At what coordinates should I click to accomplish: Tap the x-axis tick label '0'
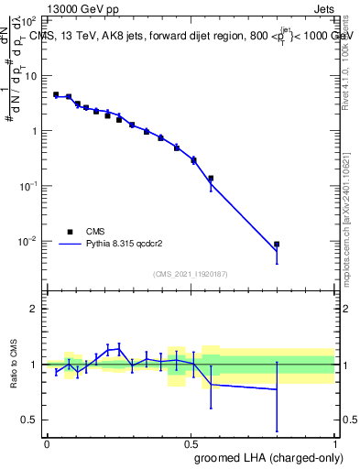[47, 443]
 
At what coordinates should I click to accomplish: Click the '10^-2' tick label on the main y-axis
[28, 242]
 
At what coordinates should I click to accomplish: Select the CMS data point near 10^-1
[211, 179]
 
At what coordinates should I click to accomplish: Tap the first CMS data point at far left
[56, 94]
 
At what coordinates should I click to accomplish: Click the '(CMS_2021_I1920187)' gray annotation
[191, 274]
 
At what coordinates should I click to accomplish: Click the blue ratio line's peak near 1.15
[119, 347]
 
